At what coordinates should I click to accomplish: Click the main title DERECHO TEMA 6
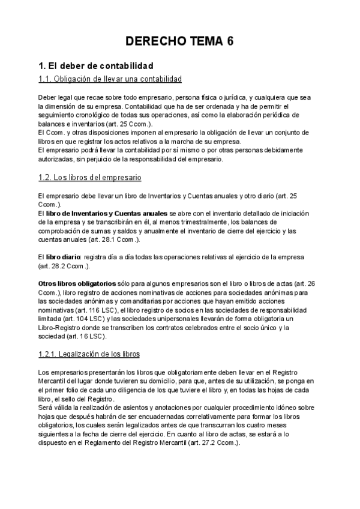point(179,41)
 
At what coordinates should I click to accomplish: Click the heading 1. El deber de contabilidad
point(95,65)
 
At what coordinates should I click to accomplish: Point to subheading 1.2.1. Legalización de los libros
point(88,354)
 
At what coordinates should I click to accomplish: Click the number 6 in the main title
point(230,41)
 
